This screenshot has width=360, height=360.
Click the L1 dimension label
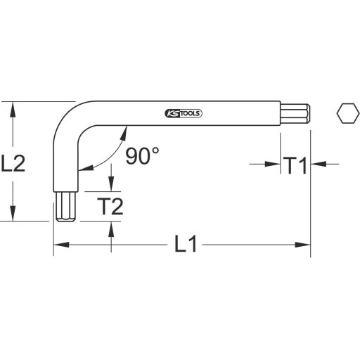pyautogui.click(x=186, y=245)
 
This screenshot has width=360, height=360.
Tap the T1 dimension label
pyautogui.click(x=295, y=166)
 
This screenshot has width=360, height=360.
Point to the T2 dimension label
pyautogui.click(x=110, y=207)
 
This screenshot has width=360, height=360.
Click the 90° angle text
pyautogui.click(x=144, y=156)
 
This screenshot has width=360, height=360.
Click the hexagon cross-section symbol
pyautogui.click(x=345, y=112)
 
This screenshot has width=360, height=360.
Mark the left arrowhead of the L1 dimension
pyautogui.click(x=60, y=245)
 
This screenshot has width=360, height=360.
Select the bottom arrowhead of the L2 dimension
pyautogui.click(x=12, y=216)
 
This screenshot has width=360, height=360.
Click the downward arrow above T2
pyautogui.click(x=110, y=186)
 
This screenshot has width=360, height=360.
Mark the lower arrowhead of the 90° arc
pyautogui.click(x=82, y=167)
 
